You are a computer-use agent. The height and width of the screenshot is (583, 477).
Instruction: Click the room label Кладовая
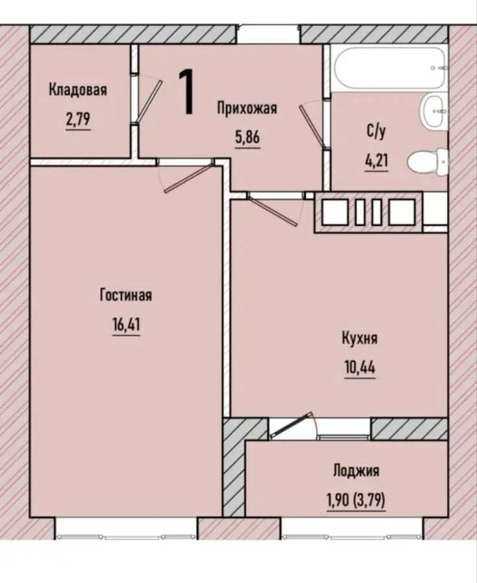tap(78, 90)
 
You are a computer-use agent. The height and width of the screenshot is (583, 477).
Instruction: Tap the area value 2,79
tap(78, 119)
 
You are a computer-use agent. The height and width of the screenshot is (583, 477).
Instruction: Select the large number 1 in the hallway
tap(186, 92)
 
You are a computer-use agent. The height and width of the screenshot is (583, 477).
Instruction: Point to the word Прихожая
tap(247, 108)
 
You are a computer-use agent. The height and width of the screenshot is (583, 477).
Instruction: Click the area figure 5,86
tap(247, 137)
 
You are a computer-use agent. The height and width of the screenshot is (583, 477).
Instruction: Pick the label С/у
tap(376, 131)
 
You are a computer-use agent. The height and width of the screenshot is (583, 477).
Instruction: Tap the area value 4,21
tap(376, 161)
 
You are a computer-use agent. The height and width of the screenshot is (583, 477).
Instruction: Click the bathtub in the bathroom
tap(389, 68)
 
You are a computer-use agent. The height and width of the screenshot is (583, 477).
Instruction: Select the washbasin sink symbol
tap(433, 112)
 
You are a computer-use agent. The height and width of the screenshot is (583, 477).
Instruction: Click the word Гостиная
tap(126, 295)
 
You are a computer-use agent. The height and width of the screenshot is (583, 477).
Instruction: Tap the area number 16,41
tap(126, 325)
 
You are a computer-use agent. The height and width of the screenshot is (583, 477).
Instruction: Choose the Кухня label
tap(359, 339)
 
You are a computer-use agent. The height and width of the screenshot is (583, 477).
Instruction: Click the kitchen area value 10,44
tap(360, 368)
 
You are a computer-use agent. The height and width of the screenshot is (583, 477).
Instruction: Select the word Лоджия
tap(356, 470)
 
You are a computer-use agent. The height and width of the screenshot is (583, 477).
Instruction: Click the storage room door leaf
tap(149, 101)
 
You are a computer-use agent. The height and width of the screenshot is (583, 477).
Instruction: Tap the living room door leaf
tap(189, 178)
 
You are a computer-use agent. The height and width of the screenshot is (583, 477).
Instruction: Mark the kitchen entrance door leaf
tap(274, 211)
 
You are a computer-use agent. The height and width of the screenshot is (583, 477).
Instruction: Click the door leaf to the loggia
tap(292, 425)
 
